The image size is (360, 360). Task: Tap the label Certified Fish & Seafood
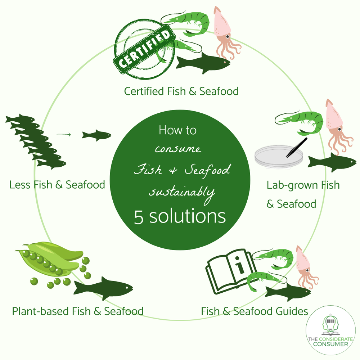coord(181,91)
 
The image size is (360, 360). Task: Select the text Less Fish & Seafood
coord(57,185)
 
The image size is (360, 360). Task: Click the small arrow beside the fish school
coord(64,135)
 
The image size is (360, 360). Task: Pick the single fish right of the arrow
coord(96,135)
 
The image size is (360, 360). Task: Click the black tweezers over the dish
coord(297,148)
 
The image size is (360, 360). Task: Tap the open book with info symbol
coord(230,271)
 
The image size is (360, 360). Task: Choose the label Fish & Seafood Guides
coord(255,311)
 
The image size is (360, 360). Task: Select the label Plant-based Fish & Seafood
coord(78,311)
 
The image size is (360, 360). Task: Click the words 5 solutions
coord(180,217)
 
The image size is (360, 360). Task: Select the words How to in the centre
coord(178,130)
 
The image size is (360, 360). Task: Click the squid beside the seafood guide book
coord(306,266)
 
